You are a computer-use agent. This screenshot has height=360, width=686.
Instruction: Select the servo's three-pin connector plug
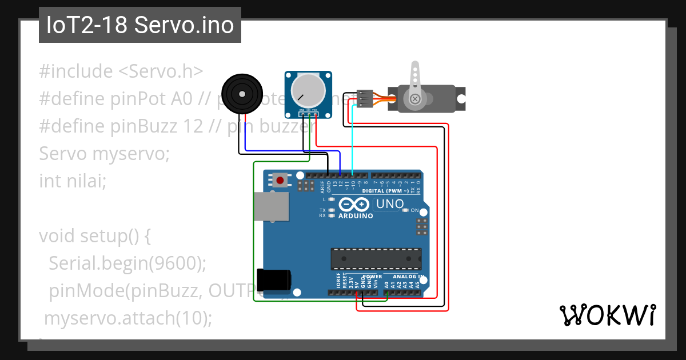[365, 98]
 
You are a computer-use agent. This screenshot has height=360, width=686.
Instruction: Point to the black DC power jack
[273, 280]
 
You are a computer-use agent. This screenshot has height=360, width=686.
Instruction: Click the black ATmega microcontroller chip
[376, 258]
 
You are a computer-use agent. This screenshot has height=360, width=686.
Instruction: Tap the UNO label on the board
[389, 204]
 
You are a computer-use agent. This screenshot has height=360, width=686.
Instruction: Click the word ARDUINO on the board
[356, 216]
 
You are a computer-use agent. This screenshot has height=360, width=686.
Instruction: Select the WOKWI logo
[607, 315]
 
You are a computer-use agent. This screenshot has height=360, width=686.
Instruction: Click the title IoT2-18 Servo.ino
[140, 25]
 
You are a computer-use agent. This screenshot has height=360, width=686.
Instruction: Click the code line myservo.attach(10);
[128, 318]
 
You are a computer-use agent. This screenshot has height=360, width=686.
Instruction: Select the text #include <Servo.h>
[121, 71]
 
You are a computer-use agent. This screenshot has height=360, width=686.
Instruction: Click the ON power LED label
[415, 210]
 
